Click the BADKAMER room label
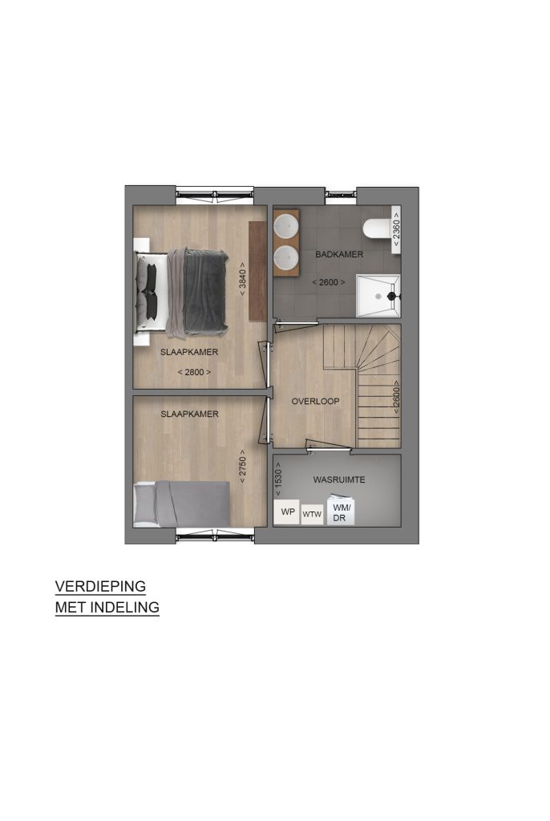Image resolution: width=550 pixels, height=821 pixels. (339, 254)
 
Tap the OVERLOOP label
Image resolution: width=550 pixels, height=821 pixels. (315, 402)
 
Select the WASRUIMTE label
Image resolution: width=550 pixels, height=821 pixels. (339, 479)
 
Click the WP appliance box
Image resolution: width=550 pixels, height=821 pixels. (287, 512)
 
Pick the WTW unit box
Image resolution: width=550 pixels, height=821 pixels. (312, 514)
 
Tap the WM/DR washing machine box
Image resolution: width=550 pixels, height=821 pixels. (341, 511)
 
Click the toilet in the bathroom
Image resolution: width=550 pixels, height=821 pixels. (378, 229)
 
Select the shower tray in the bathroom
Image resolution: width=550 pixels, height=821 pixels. (378, 296)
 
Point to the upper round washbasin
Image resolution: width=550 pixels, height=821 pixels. (286, 224)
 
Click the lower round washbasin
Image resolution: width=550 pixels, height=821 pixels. (286, 257)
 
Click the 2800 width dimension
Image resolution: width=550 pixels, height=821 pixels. (194, 372)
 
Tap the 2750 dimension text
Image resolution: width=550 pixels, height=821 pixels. (242, 467)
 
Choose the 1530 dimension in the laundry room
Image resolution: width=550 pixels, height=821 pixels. (278, 479)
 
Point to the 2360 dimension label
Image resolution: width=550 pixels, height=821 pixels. (397, 229)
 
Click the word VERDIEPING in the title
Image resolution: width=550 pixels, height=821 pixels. (100, 586)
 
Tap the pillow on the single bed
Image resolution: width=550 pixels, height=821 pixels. (144, 504)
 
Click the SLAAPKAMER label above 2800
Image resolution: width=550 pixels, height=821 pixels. (189, 353)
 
